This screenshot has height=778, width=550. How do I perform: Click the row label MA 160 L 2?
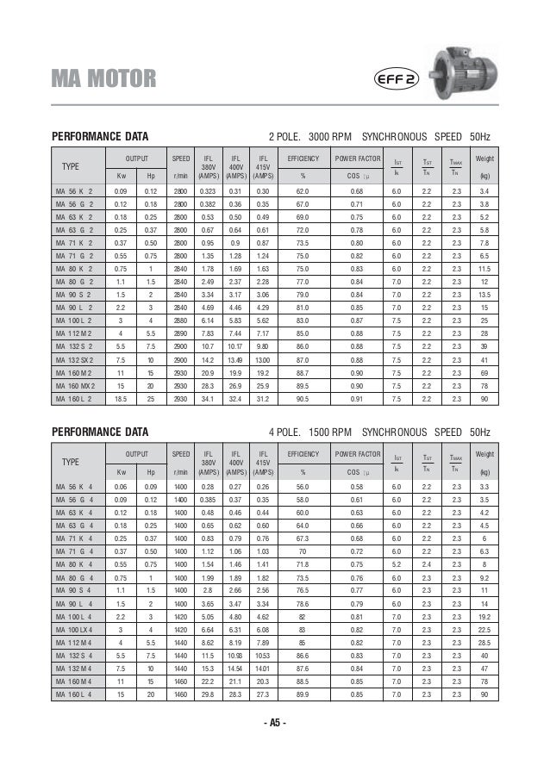point(75,399)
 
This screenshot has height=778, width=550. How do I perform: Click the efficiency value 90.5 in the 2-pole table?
point(302,399)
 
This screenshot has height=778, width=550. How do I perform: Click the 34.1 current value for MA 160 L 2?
point(207,399)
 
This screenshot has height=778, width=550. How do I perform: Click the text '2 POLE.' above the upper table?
point(286,137)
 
